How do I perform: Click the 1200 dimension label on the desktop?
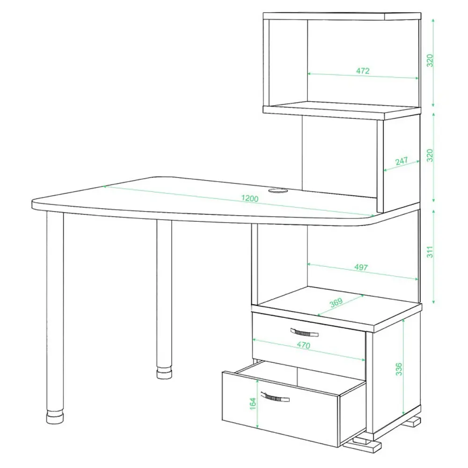[250, 198]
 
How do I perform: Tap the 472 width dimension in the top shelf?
[363, 71]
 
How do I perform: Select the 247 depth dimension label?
[402, 161]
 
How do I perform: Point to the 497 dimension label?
[361, 267]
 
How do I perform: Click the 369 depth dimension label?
[336, 303]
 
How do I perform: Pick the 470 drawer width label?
[304, 345]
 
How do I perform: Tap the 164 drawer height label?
[253, 403]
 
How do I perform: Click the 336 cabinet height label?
[399, 369]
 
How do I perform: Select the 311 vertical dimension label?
[430, 252]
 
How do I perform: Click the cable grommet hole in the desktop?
[277, 190]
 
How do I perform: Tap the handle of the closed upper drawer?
[304, 332]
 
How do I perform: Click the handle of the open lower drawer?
[275, 397]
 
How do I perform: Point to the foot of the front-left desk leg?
[55, 417]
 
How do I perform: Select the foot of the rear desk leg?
[164, 373]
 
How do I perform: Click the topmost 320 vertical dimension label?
[430, 60]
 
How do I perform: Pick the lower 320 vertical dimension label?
[430, 155]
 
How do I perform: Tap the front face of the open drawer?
[280, 409]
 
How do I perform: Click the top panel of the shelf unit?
[342, 16]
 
